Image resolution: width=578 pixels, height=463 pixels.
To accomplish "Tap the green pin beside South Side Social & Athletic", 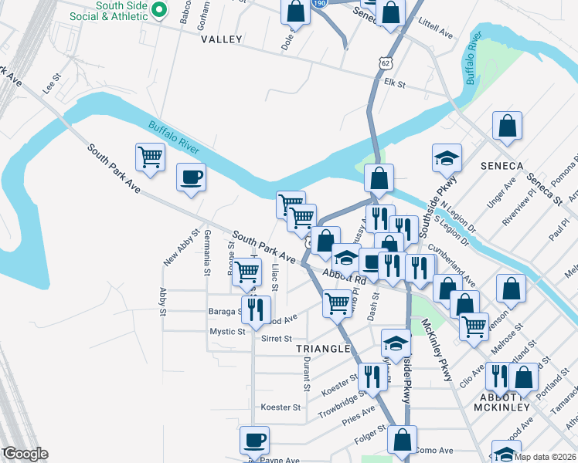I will (x=160, y=10).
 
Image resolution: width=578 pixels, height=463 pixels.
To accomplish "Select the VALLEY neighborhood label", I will (x=221, y=39).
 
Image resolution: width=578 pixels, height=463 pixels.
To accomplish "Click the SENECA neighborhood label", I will (x=501, y=166).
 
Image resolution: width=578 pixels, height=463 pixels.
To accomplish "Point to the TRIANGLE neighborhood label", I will (x=323, y=349).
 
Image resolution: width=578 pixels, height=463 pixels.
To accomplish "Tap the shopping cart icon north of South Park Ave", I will (x=150, y=157).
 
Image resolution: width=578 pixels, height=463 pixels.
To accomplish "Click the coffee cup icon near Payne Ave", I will (x=254, y=441).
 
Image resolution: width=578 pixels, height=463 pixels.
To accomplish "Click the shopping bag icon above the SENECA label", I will (x=507, y=127).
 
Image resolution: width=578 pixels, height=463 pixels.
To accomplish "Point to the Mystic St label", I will (x=227, y=331).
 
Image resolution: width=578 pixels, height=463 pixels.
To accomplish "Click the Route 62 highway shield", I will (x=386, y=61).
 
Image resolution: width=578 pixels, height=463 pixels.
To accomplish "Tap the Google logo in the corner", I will (x=26, y=454).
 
